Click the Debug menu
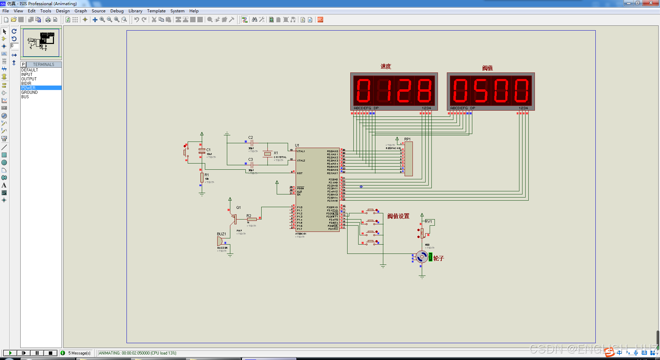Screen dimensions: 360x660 [x=117, y=11]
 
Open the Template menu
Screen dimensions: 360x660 [x=156, y=11]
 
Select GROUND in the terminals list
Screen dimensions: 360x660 [x=30, y=92]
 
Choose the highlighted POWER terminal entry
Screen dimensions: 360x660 [x=28, y=88]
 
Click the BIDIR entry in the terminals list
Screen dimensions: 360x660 [x=26, y=83]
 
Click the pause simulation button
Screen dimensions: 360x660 [x=37, y=353]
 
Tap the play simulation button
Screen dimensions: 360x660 [x=10, y=353]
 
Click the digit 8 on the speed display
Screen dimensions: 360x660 [x=424, y=91]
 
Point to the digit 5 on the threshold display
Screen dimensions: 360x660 [x=481, y=91]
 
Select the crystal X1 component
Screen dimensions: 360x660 [x=267, y=154]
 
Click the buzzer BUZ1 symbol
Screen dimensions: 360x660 [x=219, y=241]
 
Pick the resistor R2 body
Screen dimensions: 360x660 [x=252, y=219]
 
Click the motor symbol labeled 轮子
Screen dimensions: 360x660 [x=422, y=257]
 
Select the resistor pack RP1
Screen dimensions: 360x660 [x=408, y=159]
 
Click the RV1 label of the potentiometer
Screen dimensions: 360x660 [x=428, y=222]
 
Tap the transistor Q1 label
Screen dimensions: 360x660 [x=239, y=207]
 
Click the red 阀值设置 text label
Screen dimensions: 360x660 [x=398, y=216]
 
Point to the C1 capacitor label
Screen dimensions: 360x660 [x=208, y=150]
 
